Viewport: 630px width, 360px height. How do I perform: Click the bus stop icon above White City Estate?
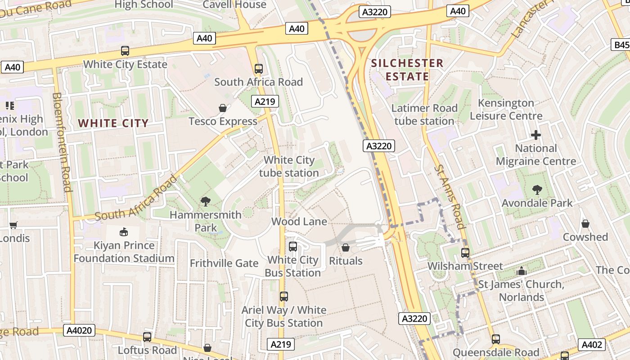(x=125, y=51)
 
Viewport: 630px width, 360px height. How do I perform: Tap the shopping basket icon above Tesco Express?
(x=222, y=108)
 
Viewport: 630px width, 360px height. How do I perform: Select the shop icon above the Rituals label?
(x=346, y=247)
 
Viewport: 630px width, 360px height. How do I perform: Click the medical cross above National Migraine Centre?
(x=535, y=135)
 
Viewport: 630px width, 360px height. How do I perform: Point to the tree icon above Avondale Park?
(x=537, y=190)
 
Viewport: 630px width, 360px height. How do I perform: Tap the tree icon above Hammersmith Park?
(x=206, y=201)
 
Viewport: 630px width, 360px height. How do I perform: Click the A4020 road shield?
(x=79, y=331)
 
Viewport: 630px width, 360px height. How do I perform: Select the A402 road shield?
(x=591, y=345)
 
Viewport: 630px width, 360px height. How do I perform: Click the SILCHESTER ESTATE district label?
(x=407, y=70)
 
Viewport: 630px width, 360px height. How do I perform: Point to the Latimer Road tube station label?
(x=424, y=114)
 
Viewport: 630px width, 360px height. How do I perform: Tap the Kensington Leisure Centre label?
(x=506, y=109)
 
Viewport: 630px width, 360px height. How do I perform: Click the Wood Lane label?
(x=299, y=221)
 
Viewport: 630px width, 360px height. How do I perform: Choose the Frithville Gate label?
(x=224, y=263)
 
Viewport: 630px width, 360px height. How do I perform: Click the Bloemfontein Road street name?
(x=62, y=142)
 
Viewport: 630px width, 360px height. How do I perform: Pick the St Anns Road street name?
(x=449, y=197)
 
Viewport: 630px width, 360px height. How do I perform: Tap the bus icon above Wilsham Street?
(x=465, y=253)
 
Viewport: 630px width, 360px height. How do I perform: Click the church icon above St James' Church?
(x=522, y=271)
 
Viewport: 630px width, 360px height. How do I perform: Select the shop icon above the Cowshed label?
(x=585, y=224)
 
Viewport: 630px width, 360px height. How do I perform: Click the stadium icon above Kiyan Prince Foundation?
(x=123, y=232)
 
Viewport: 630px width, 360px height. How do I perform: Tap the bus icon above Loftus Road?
(x=147, y=337)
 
